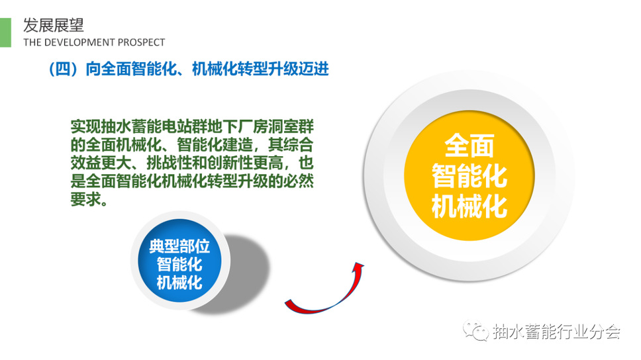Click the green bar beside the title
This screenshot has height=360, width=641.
(5, 32)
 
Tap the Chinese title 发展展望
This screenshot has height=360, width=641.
(54, 25)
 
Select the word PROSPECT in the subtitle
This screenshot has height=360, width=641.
(141, 42)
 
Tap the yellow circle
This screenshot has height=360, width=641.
(469, 175)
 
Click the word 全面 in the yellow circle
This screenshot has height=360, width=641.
(469, 146)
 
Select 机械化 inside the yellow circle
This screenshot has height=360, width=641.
(469, 206)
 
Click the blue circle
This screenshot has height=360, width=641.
(180, 260)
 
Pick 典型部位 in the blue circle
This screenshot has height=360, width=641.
(179, 246)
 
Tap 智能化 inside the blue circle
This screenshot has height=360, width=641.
(179, 265)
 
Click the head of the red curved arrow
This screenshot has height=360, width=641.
(358, 266)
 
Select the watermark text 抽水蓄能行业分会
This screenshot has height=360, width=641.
(556, 332)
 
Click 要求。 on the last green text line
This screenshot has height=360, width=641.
(89, 199)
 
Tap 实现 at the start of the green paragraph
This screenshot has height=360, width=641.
(86, 126)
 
